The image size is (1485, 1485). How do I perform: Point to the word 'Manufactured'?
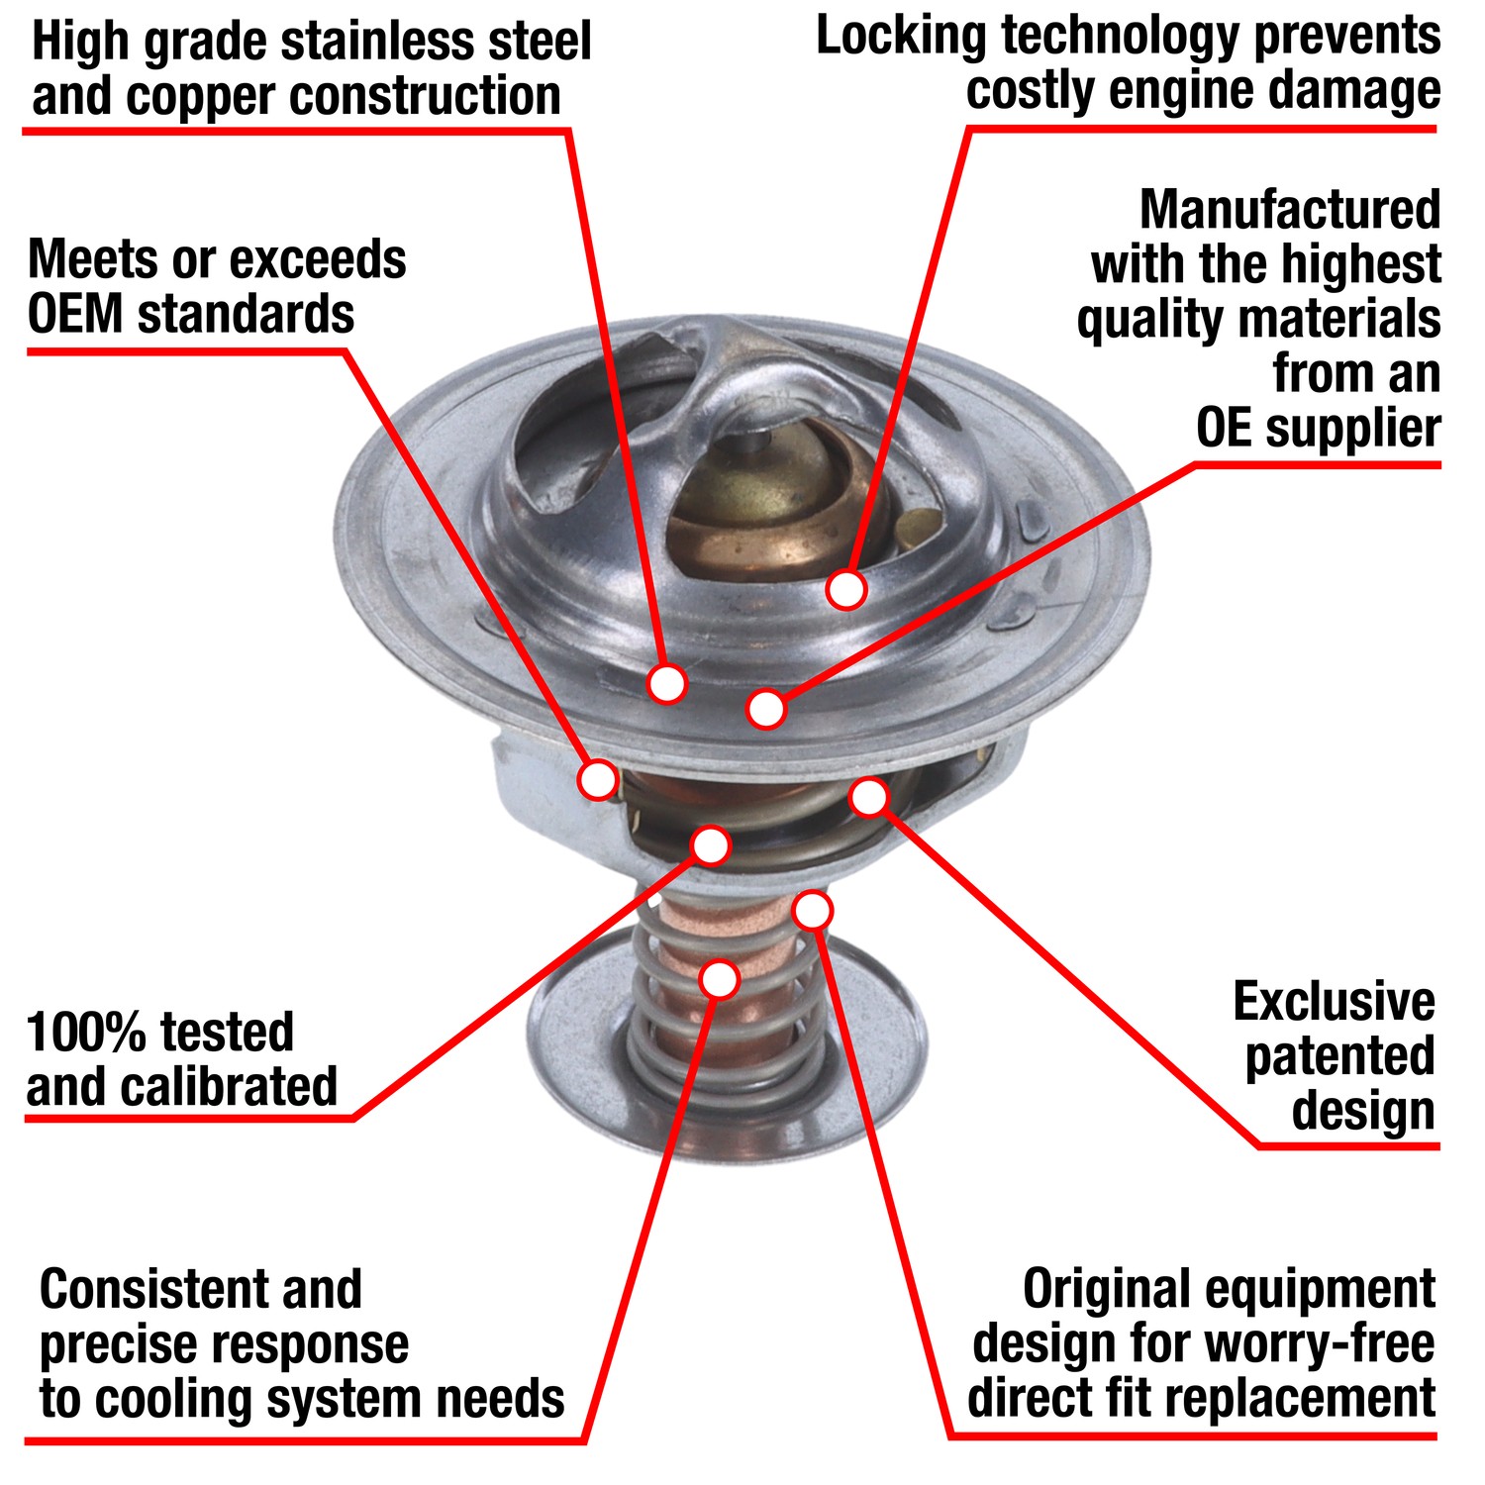tap(1289, 210)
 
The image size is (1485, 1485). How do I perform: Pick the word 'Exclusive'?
tap(1333, 1002)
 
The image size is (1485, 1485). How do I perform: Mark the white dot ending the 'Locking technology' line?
tap(845, 590)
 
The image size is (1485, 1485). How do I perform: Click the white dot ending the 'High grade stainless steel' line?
tap(667, 683)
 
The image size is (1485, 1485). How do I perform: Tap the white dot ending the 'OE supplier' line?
tap(766, 709)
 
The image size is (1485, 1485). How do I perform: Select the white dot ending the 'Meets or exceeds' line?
tap(598, 779)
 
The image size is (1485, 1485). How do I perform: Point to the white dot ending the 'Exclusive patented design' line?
tap(869, 797)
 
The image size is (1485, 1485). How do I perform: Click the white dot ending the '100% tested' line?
tap(711, 845)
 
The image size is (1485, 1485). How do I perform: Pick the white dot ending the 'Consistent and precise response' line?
tap(720, 978)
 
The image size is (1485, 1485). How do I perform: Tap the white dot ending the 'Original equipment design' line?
tap(813, 910)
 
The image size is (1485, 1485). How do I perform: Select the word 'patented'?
tap(1338, 1057)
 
